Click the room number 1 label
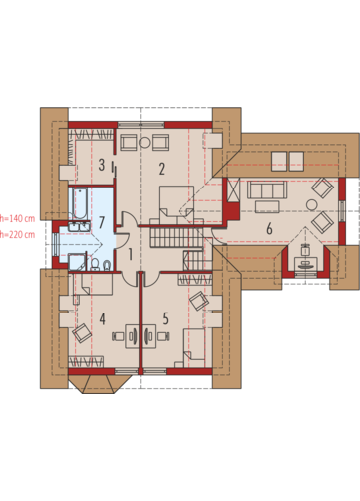pos(130,255)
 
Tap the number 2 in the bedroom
pos(161,169)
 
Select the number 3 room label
pos(102,165)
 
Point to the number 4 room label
pos(103,319)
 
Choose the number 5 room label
pos(165,318)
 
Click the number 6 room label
pos(269,229)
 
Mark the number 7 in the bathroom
pos(102,222)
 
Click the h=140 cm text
pos(17,218)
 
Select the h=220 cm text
pos(17,235)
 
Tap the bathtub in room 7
pos(79,203)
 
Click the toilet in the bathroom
pos(95,264)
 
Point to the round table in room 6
pos(312,204)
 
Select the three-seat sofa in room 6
pos(267,189)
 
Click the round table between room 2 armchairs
pos(145,143)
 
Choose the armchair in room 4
pos(82,333)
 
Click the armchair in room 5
pos(199,301)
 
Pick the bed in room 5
pos(194,348)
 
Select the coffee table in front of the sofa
pos(267,206)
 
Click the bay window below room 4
pos(100,384)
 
